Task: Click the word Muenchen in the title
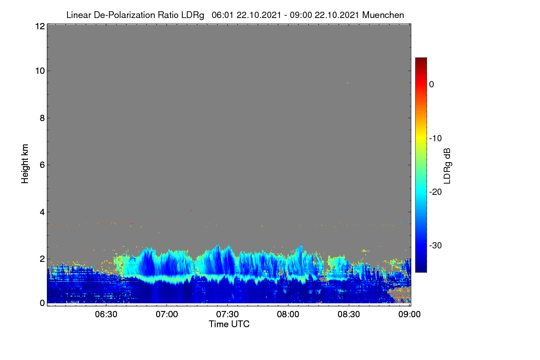(383, 15)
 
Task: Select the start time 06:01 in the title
(222, 15)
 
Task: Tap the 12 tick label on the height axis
(40, 26)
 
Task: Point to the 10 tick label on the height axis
(40, 71)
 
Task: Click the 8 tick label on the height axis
(42, 118)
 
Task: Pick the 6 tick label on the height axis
(42, 165)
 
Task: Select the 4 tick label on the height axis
(42, 212)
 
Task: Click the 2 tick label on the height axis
(42, 259)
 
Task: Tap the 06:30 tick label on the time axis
(106, 314)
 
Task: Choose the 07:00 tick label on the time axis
(167, 314)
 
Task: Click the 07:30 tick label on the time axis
(227, 314)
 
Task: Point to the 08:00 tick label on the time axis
(288, 314)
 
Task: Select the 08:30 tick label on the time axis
(349, 314)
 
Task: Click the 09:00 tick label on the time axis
(409, 314)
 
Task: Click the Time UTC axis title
(229, 324)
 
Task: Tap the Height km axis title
(25, 164)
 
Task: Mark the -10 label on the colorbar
(436, 139)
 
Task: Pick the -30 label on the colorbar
(436, 245)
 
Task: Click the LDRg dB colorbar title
(447, 166)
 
